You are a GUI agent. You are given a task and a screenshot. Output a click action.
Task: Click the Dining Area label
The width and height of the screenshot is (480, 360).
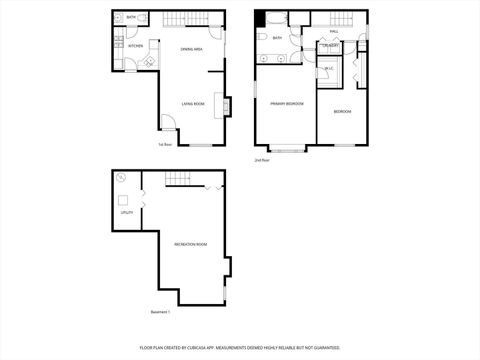[x=193, y=49]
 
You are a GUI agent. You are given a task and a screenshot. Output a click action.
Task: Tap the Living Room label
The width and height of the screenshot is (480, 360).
[x=193, y=103]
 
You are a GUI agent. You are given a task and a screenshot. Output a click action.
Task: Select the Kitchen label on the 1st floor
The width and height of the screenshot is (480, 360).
[x=135, y=46]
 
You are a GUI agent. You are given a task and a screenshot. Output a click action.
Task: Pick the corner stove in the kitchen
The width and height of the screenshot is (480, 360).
[x=149, y=63]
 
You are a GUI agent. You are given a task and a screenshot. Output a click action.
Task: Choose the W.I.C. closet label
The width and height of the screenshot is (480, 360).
[x=329, y=68]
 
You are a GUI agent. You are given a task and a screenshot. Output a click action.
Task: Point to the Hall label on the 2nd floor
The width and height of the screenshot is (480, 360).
[x=334, y=31]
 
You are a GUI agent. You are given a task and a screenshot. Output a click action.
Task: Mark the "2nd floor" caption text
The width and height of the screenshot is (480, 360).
[x=263, y=160]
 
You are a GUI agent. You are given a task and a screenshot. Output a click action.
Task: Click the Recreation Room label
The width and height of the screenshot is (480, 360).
[x=190, y=245]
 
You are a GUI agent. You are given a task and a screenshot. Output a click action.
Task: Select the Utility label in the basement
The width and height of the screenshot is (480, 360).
[x=127, y=212]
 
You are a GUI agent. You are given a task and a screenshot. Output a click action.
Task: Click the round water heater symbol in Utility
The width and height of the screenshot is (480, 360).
[x=121, y=179]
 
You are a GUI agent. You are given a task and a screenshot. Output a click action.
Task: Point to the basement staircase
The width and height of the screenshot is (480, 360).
[x=178, y=179]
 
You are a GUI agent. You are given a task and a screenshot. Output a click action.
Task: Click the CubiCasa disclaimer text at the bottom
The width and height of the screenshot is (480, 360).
[x=240, y=349]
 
